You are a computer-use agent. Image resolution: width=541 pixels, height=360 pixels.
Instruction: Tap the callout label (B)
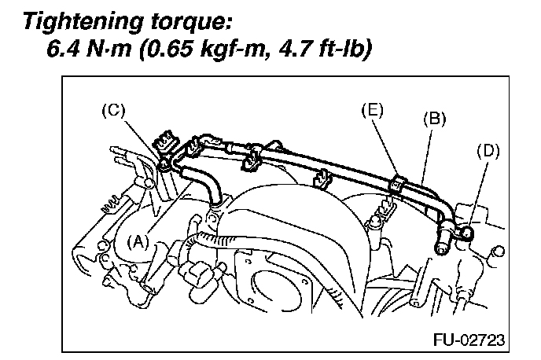pos(435,119)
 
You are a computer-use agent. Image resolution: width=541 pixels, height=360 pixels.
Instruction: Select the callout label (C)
pos(115,111)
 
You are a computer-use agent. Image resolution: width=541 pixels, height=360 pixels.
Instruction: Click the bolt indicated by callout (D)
pos(466,232)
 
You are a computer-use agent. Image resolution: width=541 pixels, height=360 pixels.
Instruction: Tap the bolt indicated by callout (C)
pos(164,166)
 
